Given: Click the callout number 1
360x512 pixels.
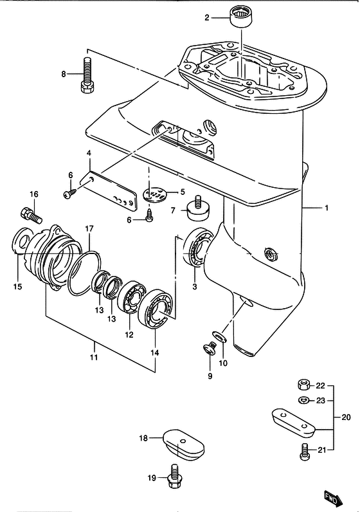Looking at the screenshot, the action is tap(327, 208).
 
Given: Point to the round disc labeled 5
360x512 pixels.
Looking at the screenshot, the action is tap(155, 195).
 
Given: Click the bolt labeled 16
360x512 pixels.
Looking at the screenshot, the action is tap(31, 215).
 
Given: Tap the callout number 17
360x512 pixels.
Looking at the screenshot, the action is tap(89, 229).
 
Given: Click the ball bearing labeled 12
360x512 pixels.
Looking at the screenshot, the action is tap(132, 297).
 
